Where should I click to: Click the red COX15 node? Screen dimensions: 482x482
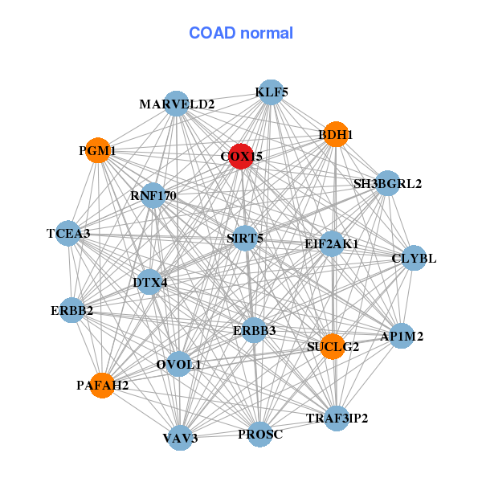coord(241,157)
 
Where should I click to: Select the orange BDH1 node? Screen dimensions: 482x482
coord(336,135)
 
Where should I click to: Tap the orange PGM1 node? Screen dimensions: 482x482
coord(97,151)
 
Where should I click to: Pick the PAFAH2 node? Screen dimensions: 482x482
coord(103,386)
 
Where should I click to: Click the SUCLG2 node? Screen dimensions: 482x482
coord(333,347)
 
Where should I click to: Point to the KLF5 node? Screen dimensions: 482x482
coord(272,92)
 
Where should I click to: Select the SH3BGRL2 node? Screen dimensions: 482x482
coord(387,183)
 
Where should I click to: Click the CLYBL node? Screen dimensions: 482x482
coord(414,259)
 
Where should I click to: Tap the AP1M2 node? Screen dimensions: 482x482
coord(402,337)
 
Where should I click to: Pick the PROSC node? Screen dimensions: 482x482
coord(260,435)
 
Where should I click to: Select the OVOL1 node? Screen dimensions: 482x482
coord(179,365)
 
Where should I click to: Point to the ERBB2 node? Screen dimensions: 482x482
coord(71,310)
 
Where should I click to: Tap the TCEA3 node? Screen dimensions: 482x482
coord(68,234)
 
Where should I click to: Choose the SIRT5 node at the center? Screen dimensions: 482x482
coord(245,238)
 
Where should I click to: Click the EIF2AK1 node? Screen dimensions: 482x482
coord(332,243)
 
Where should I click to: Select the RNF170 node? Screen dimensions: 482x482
coord(153,195)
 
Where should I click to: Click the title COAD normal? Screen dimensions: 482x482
coord(241,34)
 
